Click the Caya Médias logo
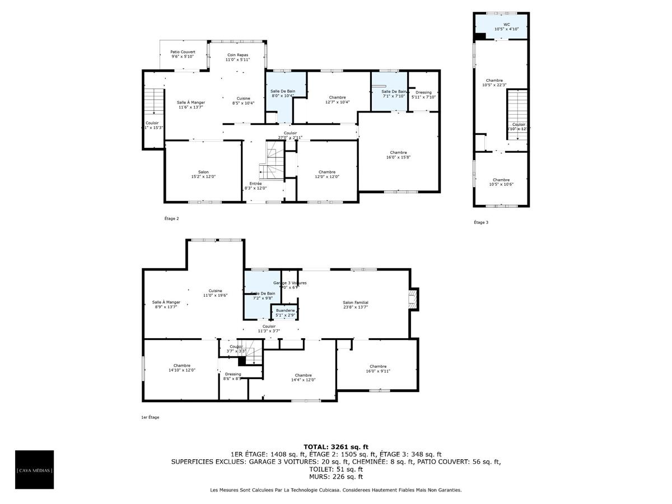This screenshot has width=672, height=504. point(34,470)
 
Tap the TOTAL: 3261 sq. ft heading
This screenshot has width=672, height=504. point(335,447)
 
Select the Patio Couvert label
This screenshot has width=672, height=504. point(183,54)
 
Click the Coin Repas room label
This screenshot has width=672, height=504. point(237,57)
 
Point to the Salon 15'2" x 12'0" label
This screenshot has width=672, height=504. point(203,174)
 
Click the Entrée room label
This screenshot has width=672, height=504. point(255,185)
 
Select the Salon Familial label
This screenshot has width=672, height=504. point(356,305)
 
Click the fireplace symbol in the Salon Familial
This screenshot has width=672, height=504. point(413,298)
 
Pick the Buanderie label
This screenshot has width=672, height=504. point(285,312)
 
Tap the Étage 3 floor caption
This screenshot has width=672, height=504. point(481,222)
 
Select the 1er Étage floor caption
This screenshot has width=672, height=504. point(150,417)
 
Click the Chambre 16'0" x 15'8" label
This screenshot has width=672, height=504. point(398,155)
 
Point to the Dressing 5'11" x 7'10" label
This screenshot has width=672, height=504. point(423,95)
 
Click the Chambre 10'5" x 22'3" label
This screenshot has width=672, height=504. point(494,83)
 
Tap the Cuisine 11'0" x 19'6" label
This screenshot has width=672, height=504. point(216,293)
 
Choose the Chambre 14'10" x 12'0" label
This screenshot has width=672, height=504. point(181,367)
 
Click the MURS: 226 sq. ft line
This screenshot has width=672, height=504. point(335,477)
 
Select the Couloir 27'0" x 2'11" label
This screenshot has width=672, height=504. point(290,135)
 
